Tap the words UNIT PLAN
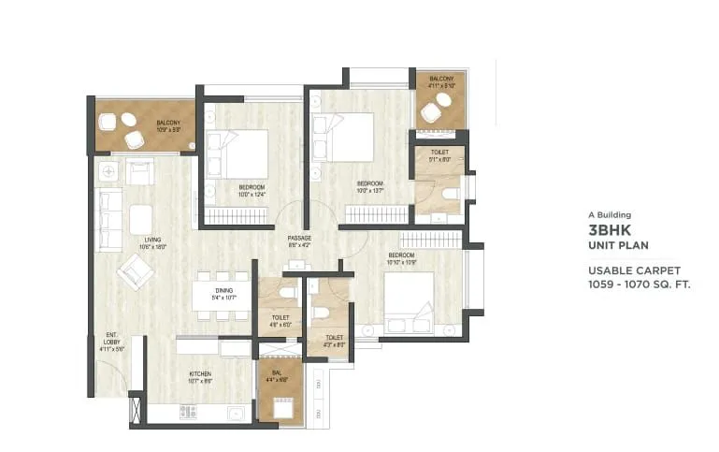[617, 245]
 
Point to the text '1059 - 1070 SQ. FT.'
[639, 283]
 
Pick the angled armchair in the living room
[136, 272]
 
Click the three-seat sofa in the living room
[109, 220]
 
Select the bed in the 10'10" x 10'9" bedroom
[409, 301]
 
